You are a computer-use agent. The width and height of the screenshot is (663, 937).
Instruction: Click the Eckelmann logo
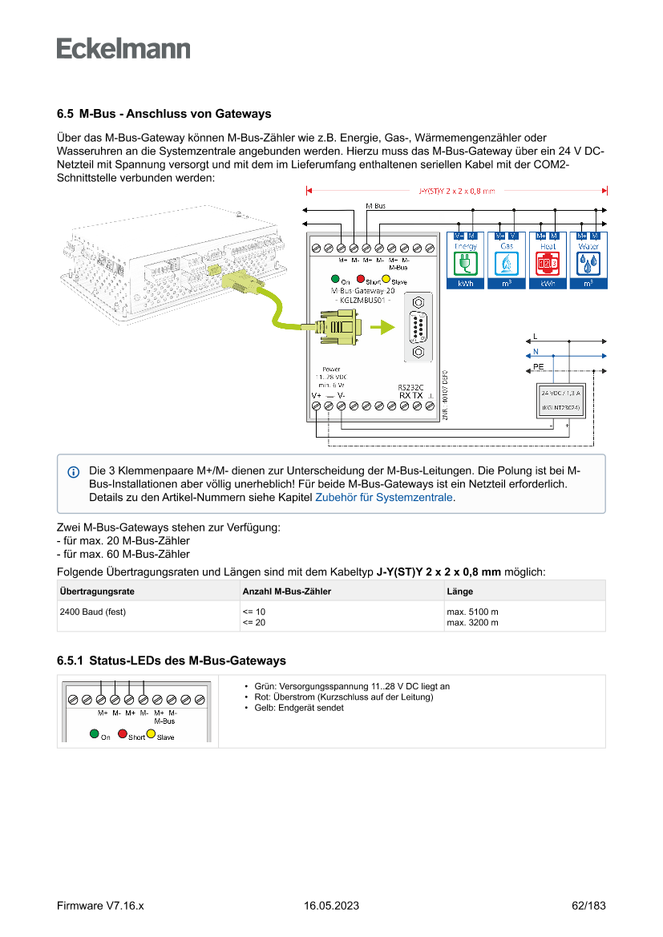123,48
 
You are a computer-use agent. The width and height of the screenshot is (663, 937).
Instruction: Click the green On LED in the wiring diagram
335,280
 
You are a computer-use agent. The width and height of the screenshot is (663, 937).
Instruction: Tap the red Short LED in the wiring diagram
361,280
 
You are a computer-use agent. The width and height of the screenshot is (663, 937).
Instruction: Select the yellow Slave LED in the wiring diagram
386,280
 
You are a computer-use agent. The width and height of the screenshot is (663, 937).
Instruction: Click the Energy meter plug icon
465,263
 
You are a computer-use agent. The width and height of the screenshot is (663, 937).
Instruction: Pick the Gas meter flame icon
507,263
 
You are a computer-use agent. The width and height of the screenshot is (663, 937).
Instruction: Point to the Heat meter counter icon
548,263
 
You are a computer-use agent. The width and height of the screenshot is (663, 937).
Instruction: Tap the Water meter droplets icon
588,263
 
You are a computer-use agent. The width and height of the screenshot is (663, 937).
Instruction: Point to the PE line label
539,366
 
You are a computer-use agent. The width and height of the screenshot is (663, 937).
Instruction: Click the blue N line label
536,352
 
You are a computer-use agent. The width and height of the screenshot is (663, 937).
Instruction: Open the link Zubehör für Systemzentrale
385,498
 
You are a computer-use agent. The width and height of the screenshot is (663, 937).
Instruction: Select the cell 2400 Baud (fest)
93,612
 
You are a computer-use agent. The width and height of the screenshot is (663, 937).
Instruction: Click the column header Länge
459,592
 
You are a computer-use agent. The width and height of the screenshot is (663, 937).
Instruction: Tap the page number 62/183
588,906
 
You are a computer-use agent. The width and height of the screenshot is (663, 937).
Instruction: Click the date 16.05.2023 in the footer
331,906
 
